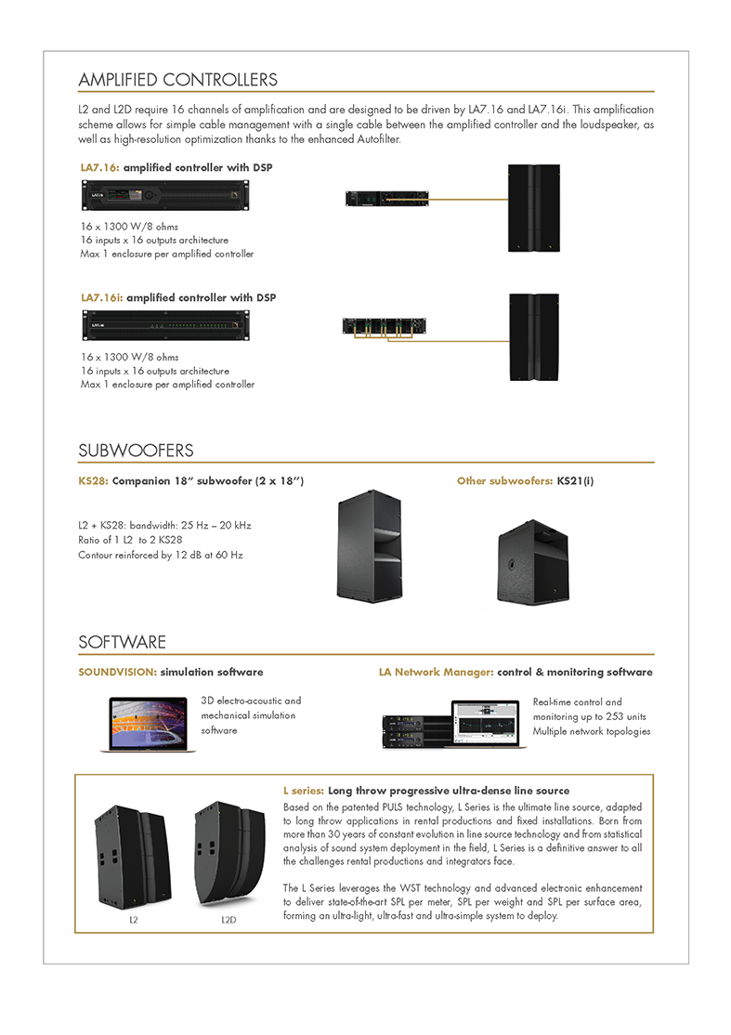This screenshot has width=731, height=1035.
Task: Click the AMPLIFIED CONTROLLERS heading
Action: click(177, 80)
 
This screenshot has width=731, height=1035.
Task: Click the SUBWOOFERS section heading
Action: click(136, 451)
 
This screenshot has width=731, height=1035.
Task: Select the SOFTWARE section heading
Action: click(123, 642)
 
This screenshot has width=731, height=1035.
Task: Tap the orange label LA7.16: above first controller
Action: click(99, 168)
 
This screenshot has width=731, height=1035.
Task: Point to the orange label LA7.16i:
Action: click(101, 298)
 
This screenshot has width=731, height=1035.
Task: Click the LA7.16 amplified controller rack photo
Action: click(164, 197)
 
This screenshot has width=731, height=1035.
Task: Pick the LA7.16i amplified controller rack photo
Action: click(164, 327)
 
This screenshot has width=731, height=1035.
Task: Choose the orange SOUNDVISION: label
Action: click(117, 672)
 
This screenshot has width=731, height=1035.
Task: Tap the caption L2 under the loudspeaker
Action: click(134, 920)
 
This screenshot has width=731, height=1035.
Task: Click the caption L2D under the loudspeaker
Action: click(228, 920)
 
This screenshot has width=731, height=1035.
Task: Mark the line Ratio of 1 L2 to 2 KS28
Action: click(137, 540)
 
